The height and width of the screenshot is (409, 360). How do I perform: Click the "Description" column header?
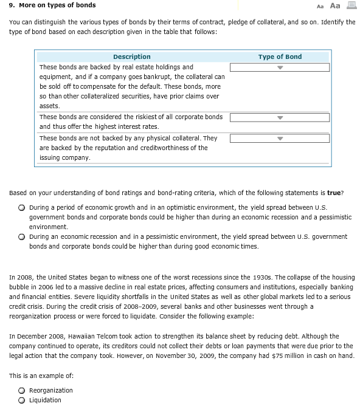(x=131, y=57)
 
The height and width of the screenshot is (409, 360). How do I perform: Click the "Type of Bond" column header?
(x=280, y=57)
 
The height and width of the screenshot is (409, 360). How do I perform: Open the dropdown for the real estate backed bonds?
(x=280, y=67)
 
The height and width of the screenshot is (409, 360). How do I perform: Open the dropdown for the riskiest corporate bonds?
(x=280, y=117)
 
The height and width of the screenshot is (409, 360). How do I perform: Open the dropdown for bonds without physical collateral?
(x=280, y=138)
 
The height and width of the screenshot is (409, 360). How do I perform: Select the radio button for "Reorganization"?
(x=21, y=391)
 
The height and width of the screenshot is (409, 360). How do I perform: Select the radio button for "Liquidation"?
(x=21, y=400)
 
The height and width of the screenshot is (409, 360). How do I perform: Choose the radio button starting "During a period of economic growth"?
(x=21, y=207)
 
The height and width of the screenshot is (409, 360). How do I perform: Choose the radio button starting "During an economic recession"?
(x=21, y=237)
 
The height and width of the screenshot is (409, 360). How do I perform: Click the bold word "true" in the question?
(x=334, y=193)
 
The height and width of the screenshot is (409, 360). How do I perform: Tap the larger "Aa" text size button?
(x=334, y=5)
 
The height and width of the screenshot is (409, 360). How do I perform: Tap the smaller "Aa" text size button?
(x=320, y=6)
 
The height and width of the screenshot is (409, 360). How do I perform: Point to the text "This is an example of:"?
(x=41, y=376)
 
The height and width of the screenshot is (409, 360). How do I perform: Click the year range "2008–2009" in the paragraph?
(x=122, y=306)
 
